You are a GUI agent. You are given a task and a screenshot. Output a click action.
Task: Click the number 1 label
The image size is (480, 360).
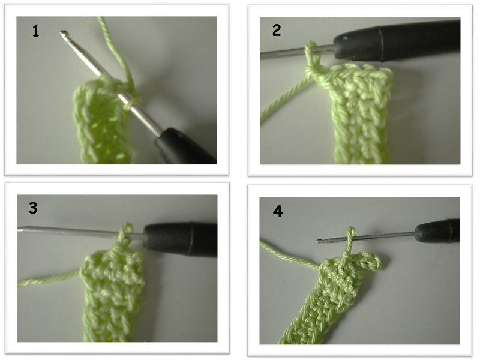(36, 31)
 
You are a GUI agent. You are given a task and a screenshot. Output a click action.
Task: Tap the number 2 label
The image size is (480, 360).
(277, 31)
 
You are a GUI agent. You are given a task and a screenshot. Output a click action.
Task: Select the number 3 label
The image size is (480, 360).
(33, 208)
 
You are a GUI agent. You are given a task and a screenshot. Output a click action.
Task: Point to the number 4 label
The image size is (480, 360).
(277, 211)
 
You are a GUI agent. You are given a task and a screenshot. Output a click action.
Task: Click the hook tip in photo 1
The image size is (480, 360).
(64, 33)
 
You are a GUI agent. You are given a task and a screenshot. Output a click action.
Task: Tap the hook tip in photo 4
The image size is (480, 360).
(319, 241)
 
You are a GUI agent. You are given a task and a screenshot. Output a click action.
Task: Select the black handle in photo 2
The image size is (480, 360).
(397, 40)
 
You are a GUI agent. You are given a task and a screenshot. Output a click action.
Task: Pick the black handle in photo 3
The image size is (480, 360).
(181, 239)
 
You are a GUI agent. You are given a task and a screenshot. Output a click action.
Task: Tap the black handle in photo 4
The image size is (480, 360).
(438, 230)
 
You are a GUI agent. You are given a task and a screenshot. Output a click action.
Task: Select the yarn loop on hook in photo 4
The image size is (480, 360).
(351, 237)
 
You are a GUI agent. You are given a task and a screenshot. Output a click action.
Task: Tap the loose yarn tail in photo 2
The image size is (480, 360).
(284, 98)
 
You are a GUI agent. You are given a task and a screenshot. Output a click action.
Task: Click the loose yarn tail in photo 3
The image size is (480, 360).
(49, 278)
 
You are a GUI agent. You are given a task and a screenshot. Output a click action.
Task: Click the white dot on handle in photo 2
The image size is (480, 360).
(346, 38)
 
